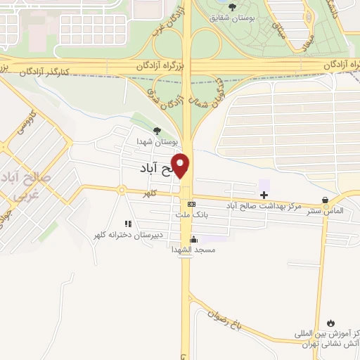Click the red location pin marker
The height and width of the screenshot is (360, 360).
[x=182, y=165]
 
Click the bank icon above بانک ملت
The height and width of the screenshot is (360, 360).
[x=182, y=204]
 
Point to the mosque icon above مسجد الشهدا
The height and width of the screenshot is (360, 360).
[x=193, y=238]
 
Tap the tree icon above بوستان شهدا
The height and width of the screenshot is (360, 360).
[x=157, y=130]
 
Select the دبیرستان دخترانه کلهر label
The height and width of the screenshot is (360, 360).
[x=127, y=234]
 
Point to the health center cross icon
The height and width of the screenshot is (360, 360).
[x=264, y=194]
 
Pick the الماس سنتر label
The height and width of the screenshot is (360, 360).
[x=324, y=211]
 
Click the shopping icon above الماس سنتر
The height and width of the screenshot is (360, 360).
[x=324, y=200]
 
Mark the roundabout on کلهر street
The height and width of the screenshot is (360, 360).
[x=122, y=191]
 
